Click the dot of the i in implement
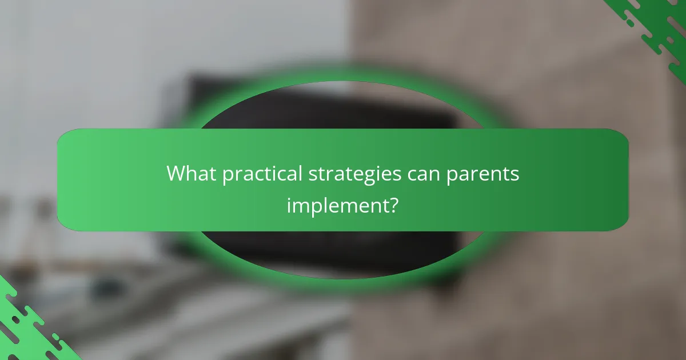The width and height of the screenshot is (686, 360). click(x=289, y=196)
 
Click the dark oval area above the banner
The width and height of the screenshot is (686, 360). click(x=343, y=109)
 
